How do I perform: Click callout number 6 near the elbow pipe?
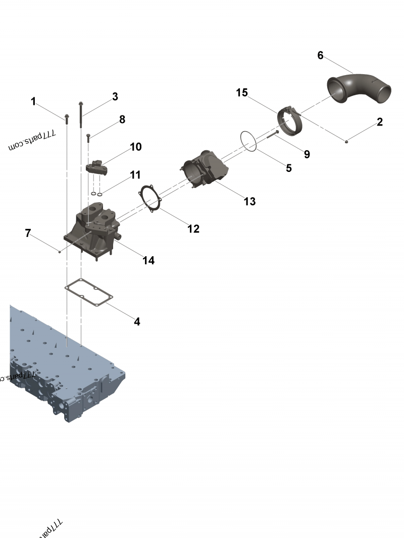tap(320, 55)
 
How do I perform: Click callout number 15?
tap(242, 93)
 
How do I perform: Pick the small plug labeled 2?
tap(346, 141)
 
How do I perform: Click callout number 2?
tap(379, 122)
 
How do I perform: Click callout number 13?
tap(249, 202)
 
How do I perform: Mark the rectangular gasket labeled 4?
tap(89, 293)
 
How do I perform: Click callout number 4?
tap(137, 321)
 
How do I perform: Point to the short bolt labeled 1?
tap(66, 118)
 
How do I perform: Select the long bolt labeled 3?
tap(80, 115)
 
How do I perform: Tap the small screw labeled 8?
tap(89, 137)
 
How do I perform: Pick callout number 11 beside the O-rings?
tap(135, 175)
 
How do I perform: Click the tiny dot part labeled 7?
tap(60, 252)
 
